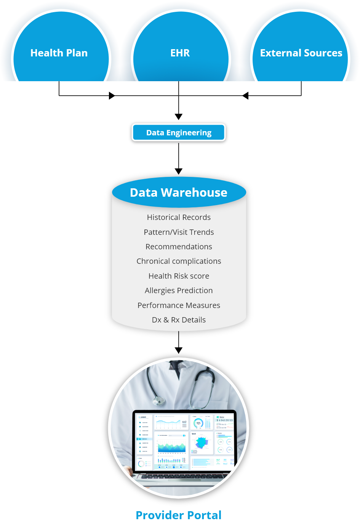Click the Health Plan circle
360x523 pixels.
59,53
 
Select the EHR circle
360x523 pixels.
180,53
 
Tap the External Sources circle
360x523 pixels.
301,53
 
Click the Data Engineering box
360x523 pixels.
179,133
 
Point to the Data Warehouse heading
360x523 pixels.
179,193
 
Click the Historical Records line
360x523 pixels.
179,217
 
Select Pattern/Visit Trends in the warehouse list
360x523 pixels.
179,232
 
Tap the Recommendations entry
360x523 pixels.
179,247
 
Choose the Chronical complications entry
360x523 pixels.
179,261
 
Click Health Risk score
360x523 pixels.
179,276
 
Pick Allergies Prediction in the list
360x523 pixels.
179,290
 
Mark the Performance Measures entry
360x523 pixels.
179,305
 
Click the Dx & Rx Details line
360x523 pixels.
179,320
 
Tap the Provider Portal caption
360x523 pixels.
179,515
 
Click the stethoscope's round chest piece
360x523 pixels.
158,401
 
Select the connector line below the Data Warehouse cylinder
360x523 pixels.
179,339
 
